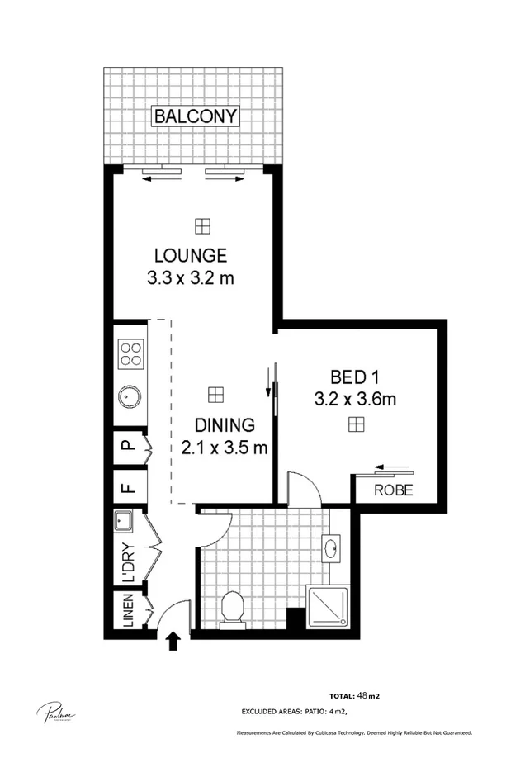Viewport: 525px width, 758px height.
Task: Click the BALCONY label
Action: [196, 116]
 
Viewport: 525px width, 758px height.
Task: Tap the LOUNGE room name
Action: [190, 255]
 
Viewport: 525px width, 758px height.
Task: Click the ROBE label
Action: [393, 490]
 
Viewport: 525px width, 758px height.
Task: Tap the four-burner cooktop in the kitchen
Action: [130, 354]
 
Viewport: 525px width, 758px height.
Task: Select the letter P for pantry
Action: [127, 447]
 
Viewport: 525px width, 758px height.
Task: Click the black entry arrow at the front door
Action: [174, 640]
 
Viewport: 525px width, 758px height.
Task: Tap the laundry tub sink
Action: [124, 521]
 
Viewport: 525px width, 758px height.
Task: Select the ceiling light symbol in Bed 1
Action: [355, 424]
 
